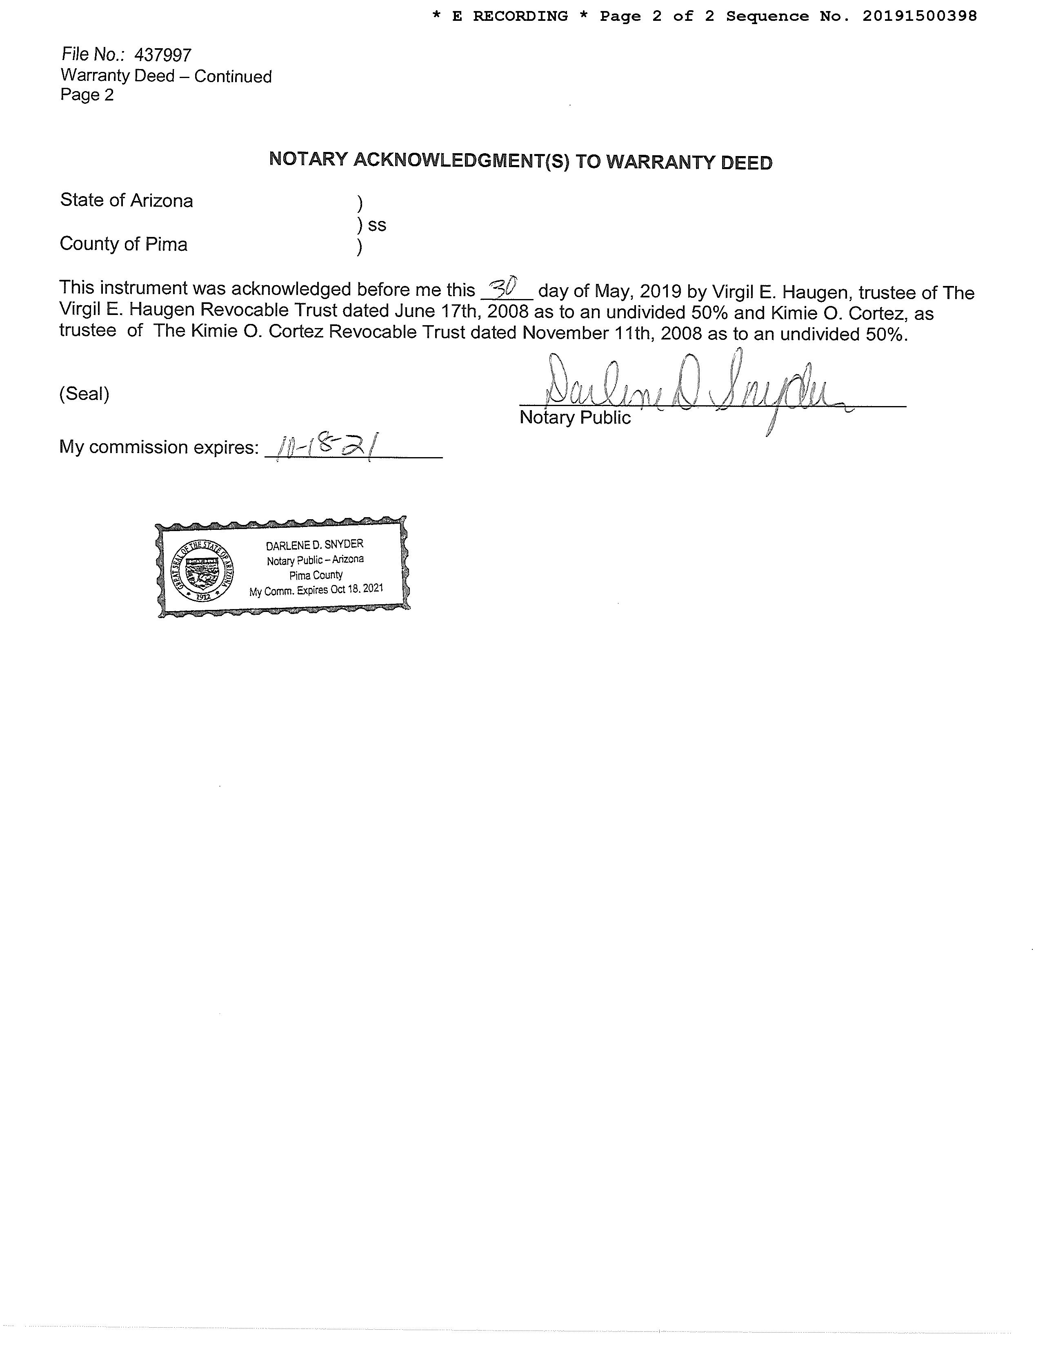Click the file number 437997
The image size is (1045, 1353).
pos(163,56)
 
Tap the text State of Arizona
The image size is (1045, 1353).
pos(126,201)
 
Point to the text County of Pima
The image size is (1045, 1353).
pos(123,244)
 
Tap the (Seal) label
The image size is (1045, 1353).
pos(84,394)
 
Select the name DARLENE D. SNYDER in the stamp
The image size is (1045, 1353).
pos(314,545)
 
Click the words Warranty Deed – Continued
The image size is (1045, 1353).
pos(166,76)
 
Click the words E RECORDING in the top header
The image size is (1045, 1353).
pos(509,16)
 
